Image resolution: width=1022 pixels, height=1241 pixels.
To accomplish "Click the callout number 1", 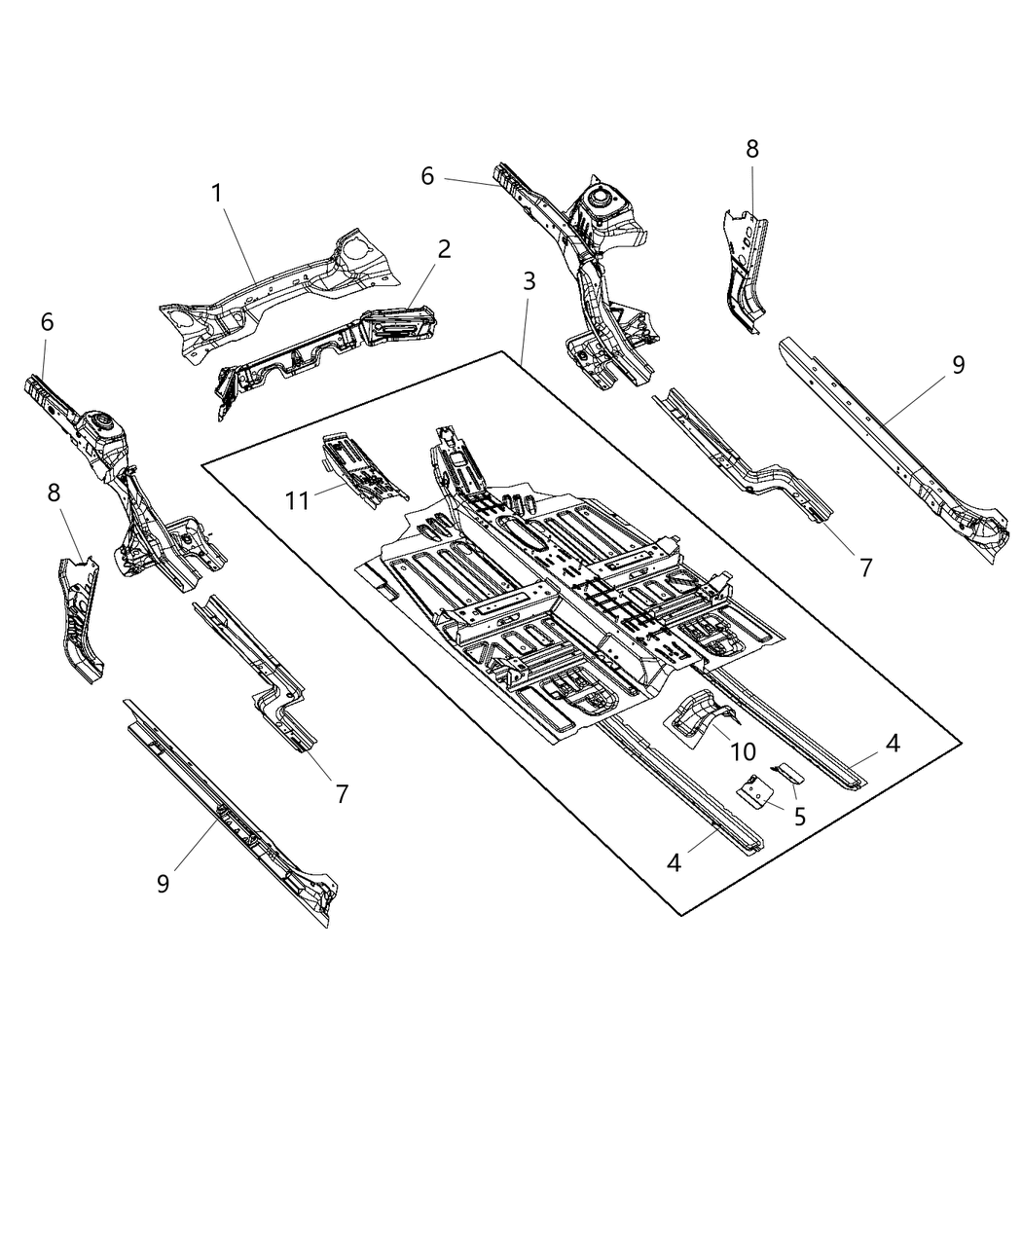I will [218, 194].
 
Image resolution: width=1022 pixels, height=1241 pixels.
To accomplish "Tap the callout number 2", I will [444, 249].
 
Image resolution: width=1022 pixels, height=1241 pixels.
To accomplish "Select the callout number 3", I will [529, 282].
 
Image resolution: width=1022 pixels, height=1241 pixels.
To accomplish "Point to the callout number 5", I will [800, 816].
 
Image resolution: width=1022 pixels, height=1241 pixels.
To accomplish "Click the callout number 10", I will [742, 753].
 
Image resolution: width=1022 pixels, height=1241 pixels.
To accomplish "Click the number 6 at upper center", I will [427, 176].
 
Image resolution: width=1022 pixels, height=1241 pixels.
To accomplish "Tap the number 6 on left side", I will [48, 322].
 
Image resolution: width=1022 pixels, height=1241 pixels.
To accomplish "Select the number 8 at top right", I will [752, 149].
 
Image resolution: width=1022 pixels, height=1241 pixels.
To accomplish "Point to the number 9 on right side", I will [958, 365].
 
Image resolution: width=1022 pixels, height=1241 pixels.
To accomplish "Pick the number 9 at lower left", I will [163, 883].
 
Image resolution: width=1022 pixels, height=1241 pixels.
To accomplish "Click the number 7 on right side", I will [865, 566].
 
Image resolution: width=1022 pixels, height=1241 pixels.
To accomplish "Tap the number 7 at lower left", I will [342, 793].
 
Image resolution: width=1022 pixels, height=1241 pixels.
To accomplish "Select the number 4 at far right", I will [893, 743].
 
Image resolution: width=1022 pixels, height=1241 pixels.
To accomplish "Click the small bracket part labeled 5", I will [755, 792].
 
